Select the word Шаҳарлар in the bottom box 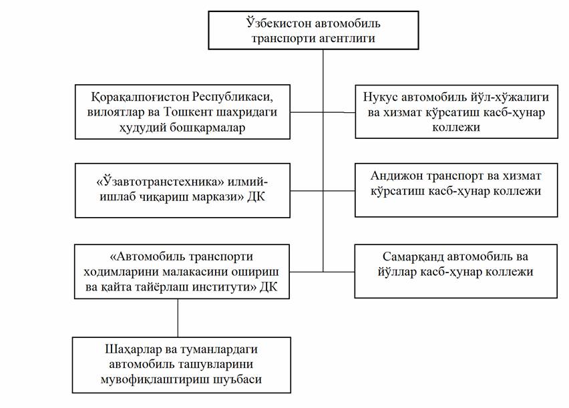click(x=133, y=349)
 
